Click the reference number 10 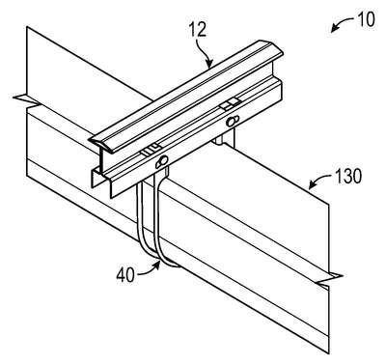pyautogui.click(x=366, y=19)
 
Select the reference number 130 pyautogui.click(x=347, y=177)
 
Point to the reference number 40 pyautogui.click(x=125, y=275)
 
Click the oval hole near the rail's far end pyautogui.click(x=233, y=121)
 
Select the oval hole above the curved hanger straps pyautogui.click(x=162, y=162)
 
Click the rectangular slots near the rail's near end pyautogui.click(x=151, y=150)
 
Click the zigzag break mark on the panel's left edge pyautogui.click(x=26, y=100)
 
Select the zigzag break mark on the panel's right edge pyautogui.click(x=329, y=279)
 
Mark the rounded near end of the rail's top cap pyautogui.click(x=101, y=144)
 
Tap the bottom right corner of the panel pyautogui.click(x=329, y=353)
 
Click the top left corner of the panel pyautogui.click(x=27, y=27)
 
